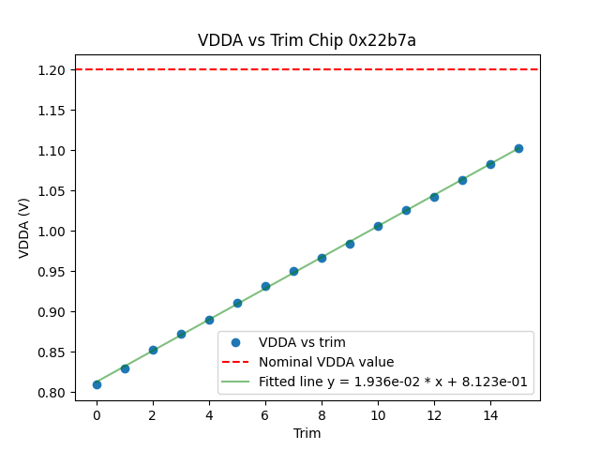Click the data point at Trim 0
click(97, 384)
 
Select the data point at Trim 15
click(518, 148)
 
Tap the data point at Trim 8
click(322, 258)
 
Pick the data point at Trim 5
click(237, 303)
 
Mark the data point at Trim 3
click(181, 334)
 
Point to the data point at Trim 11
click(406, 210)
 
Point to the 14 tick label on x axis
click(490, 414)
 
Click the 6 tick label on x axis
click(265, 414)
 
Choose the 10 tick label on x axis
click(378, 414)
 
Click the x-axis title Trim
click(307, 433)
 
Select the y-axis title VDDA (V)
click(24, 228)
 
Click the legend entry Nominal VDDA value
click(326, 362)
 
